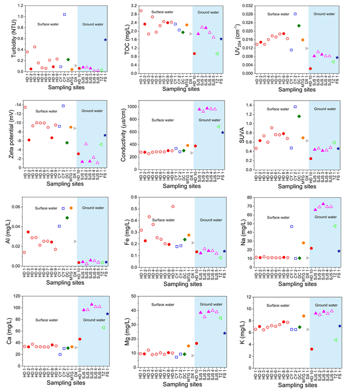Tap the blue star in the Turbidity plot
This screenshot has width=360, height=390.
[105, 40]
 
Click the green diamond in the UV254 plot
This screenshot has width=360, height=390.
[311, 25]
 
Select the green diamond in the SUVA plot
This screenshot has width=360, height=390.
[311, 116]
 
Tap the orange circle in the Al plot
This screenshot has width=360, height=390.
[71, 208]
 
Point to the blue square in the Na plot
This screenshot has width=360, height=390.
[291, 226]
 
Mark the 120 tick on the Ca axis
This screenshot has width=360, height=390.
[17, 296]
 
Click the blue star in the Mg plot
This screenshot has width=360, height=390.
[225, 333]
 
